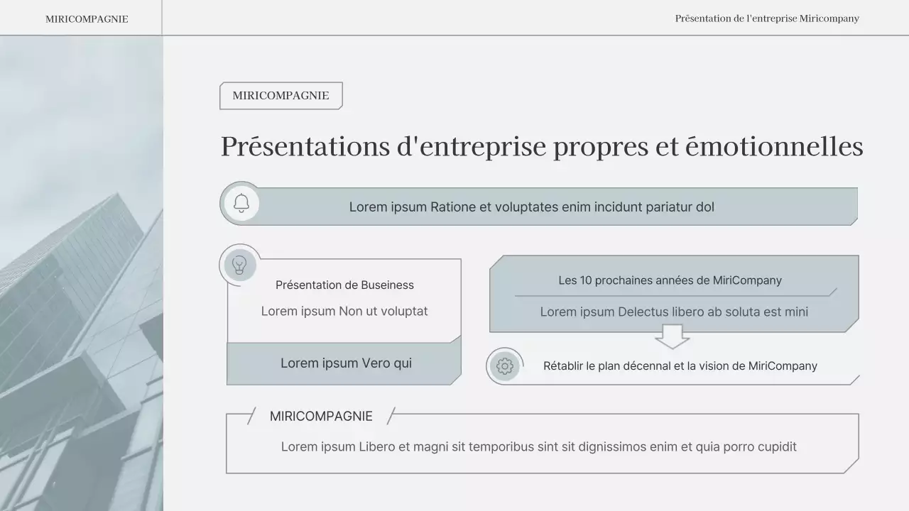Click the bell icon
coord(241,204)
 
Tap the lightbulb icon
coord(240,265)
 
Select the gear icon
coord(505,366)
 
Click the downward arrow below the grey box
coord(672,336)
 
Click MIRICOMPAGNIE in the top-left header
coord(87,19)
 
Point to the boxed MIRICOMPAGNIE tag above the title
coord(281,96)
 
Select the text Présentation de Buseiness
coord(344,285)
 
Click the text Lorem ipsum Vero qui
coord(346,363)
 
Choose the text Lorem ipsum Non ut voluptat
coord(344,311)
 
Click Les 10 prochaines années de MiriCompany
coord(670,280)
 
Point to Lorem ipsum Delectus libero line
coord(674,312)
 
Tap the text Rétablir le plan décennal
coord(680,366)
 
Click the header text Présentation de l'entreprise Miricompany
coord(767,18)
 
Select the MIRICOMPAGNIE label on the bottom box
coord(321,417)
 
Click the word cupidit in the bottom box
coord(773,447)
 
